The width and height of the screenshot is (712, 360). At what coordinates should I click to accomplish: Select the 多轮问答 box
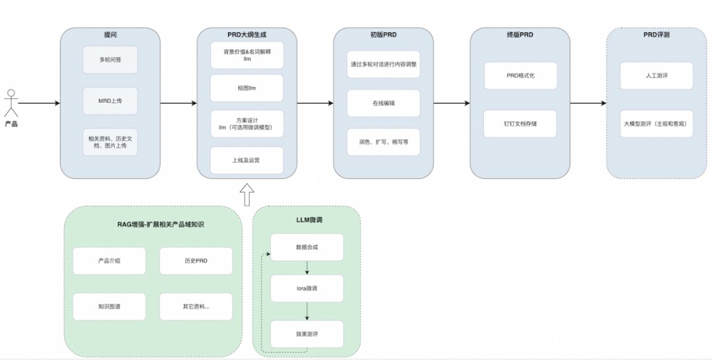click(x=110, y=59)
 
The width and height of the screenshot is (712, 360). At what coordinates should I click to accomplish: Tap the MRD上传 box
click(x=110, y=101)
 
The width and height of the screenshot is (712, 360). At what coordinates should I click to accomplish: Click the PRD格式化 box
click(x=521, y=76)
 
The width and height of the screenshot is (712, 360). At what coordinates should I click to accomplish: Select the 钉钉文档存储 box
click(x=521, y=124)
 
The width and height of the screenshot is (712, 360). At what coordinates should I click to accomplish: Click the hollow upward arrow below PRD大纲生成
click(x=247, y=195)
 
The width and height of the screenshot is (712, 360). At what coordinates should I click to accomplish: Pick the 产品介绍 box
click(x=109, y=261)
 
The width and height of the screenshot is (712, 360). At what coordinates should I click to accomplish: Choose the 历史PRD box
click(x=196, y=261)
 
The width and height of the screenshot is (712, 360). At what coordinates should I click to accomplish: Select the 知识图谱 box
click(x=109, y=307)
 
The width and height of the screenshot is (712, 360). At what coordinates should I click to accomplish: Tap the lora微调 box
click(x=307, y=289)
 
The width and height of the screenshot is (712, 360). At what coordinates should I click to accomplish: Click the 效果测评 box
click(x=307, y=334)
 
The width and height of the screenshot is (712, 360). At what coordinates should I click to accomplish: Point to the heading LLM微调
click(x=307, y=218)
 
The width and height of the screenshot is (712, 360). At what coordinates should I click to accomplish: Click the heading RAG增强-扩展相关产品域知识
click(x=152, y=225)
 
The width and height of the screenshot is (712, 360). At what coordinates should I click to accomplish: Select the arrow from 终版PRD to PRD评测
click(x=588, y=104)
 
